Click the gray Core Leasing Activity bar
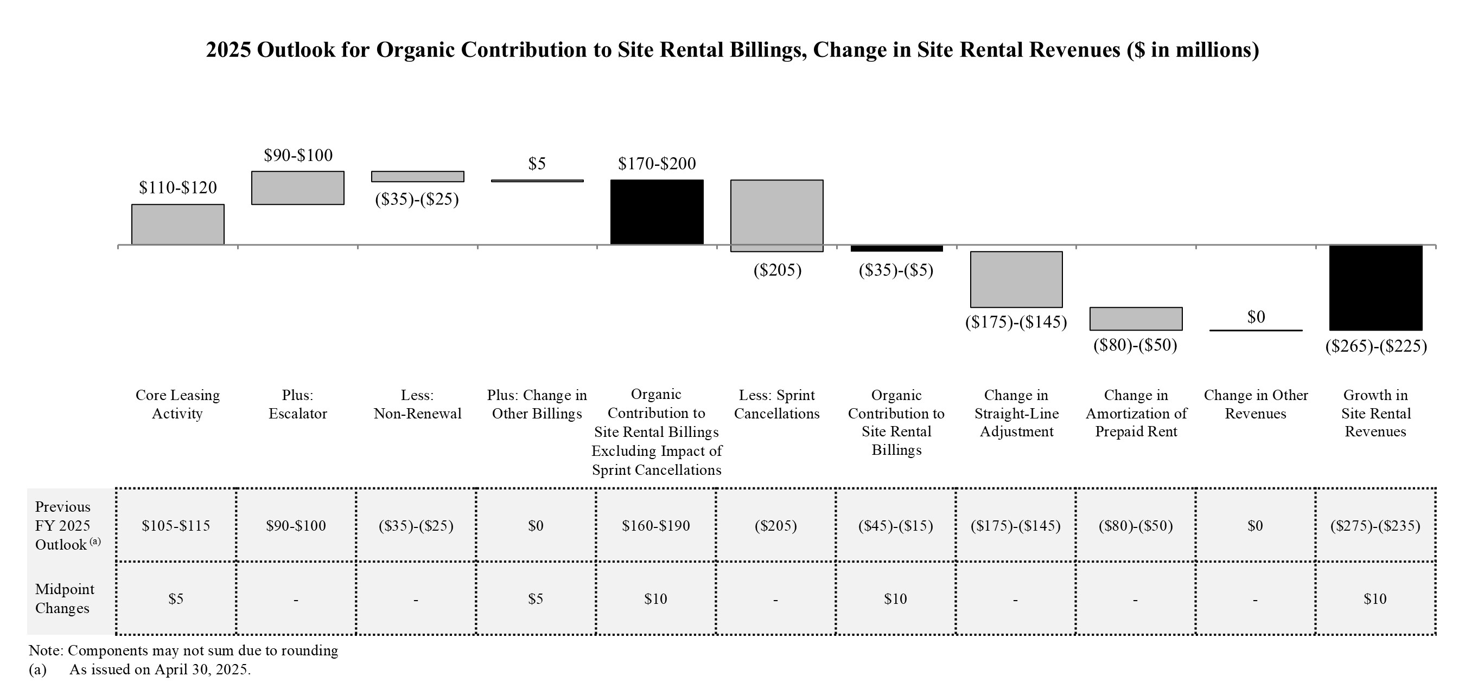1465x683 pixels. click(x=177, y=224)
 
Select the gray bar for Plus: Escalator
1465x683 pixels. click(x=297, y=188)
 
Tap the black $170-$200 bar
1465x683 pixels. click(x=657, y=212)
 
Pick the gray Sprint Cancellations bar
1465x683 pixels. click(x=776, y=215)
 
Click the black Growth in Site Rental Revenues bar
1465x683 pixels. click(x=1375, y=287)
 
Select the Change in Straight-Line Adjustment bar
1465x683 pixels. click(x=1016, y=279)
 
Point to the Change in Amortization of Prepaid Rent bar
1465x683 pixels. click(x=1136, y=319)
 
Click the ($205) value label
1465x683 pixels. click(x=777, y=270)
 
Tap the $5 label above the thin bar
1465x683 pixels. click(x=536, y=164)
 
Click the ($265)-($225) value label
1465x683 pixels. click(x=1375, y=346)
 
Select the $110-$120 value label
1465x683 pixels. click(x=177, y=188)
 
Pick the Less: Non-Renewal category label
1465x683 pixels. click(x=417, y=404)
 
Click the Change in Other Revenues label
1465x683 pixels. click(x=1256, y=404)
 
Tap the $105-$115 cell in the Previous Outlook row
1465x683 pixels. click(x=176, y=526)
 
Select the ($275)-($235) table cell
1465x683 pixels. click(x=1374, y=526)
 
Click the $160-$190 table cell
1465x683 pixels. click(x=656, y=526)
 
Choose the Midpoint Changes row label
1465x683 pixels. click(x=63, y=598)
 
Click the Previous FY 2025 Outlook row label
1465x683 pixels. click(x=63, y=526)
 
